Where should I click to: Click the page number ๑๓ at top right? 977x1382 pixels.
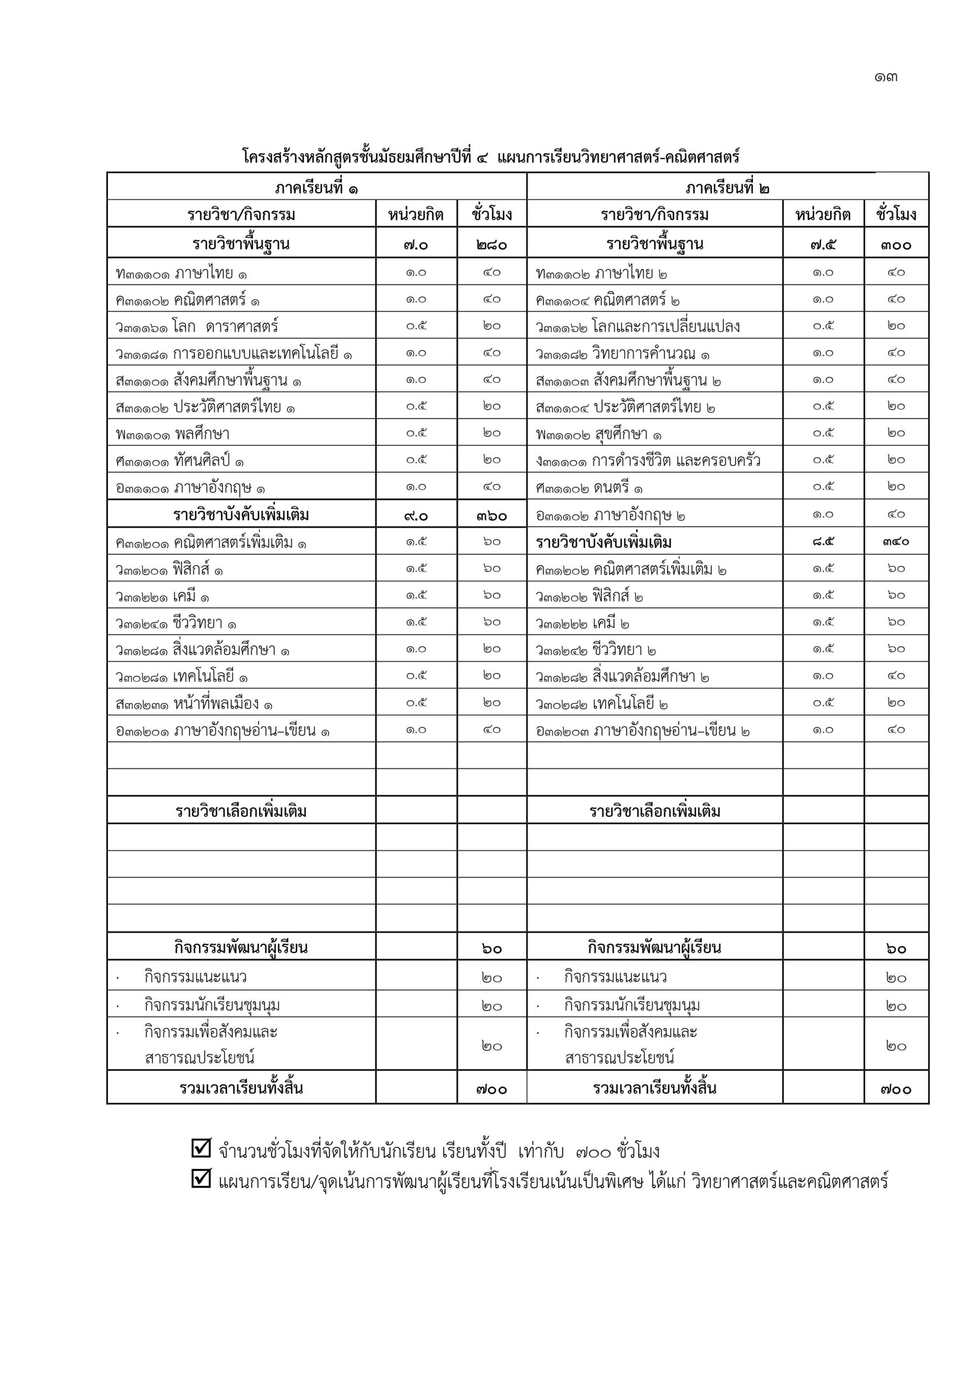click(x=886, y=77)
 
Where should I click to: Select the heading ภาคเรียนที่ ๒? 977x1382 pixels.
click(x=727, y=188)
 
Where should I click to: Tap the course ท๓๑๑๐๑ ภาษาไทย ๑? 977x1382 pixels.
click(x=181, y=273)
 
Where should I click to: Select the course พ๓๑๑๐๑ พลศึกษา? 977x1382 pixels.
click(x=173, y=434)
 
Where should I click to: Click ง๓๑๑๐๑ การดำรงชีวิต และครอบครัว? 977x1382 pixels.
click(x=648, y=461)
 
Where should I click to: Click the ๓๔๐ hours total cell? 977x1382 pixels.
click(x=895, y=541)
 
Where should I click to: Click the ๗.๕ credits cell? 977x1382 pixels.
click(x=822, y=245)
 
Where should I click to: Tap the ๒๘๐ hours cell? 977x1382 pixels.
click(x=491, y=245)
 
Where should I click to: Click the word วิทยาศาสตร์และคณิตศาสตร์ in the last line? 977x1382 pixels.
click(x=790, y=1181)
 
